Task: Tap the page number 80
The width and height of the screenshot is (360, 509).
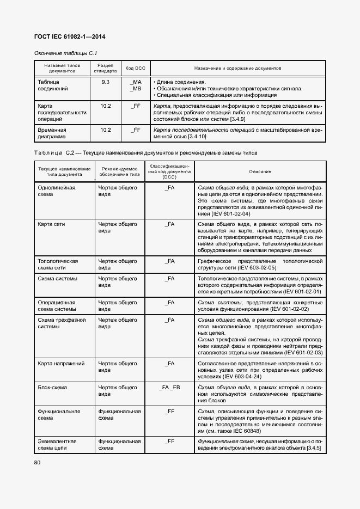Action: [38, 462]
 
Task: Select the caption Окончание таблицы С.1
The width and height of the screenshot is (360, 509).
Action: [58, 53]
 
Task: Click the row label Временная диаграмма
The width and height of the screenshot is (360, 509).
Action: [52, 133]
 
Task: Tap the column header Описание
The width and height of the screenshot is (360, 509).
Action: [260, 171]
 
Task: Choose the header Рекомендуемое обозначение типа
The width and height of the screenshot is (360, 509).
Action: [119, 171]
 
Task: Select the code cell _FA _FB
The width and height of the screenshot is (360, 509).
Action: [169, 387]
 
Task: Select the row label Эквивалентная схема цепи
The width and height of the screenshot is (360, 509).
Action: [57, 444]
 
